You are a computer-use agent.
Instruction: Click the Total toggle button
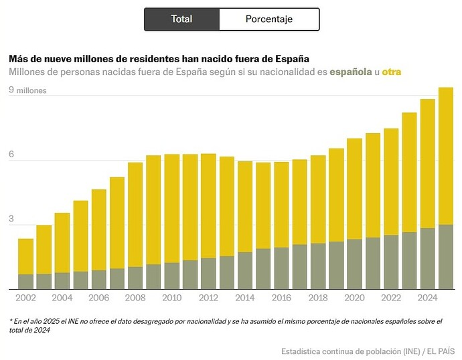[182, 19]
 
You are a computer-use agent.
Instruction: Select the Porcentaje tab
[269, 19]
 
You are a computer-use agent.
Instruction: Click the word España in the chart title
[293, 59]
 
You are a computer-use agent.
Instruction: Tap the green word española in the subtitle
[351, 72]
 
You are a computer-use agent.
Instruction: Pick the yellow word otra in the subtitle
[392, 72]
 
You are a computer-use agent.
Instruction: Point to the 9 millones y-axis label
[27, 90]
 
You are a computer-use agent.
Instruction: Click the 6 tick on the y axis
[11, 154]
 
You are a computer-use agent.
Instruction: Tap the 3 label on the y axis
[11, 219]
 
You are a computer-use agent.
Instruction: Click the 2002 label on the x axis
[25, 298]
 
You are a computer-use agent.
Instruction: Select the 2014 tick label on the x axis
[245, 298]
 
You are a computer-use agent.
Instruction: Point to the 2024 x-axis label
[428, 298]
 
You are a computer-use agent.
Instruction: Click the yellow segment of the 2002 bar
[25, 257]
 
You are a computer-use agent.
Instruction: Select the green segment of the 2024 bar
[428, 259]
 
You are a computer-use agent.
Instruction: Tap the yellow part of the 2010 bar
[172, 209]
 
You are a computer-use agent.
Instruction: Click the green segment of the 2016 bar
[281, 268]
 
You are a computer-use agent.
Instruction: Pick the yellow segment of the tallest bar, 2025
[446, 157]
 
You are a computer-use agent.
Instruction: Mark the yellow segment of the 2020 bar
[354, 189]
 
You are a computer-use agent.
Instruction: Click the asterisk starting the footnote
[11, 321]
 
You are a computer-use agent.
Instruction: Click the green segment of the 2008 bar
[135, 278]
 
